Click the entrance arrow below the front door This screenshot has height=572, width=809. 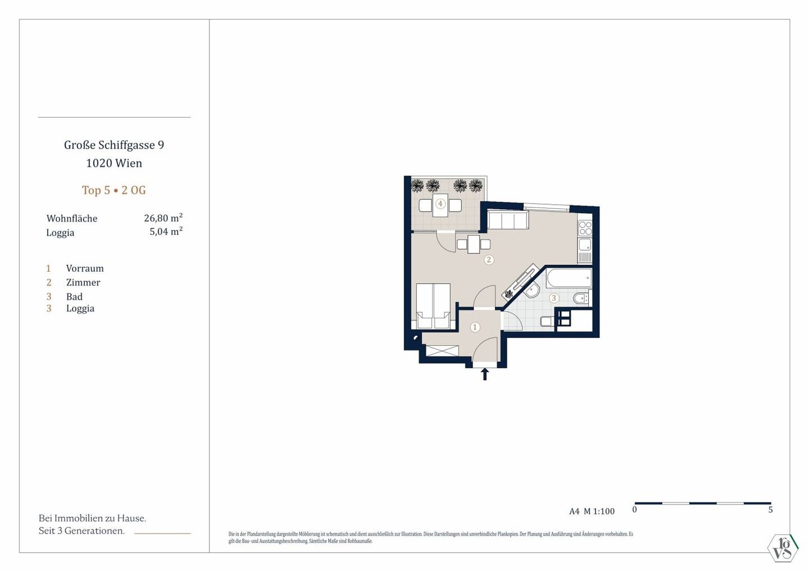tap(485, 374)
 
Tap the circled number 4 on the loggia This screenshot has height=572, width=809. tap(440, 204)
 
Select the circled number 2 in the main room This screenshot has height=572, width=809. tap(489, 260)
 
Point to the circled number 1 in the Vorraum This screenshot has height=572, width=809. tap(475, 327)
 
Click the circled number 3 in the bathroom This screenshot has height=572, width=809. tap(554, 298)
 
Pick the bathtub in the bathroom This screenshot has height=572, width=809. tap(569, 278)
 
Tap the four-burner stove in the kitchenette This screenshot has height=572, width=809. tap(585, 228)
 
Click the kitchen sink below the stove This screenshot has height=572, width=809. tap(585, 245)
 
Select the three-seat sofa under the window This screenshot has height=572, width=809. tap(508, 220)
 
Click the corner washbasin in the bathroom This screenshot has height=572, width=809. tap(531, 290)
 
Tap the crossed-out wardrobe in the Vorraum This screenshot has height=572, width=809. tap(442, 351)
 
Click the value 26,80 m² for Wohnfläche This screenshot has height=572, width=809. tap(163, 218)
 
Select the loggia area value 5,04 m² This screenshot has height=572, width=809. tap(166, 231)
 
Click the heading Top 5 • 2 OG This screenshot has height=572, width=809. tap(113, 190)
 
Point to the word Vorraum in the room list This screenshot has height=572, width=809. tap(85, 268)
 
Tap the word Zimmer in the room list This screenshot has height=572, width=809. tap(83, 282)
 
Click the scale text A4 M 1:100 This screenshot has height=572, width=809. tap(592, 511)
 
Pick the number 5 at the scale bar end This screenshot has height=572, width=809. tap(770, 510)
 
